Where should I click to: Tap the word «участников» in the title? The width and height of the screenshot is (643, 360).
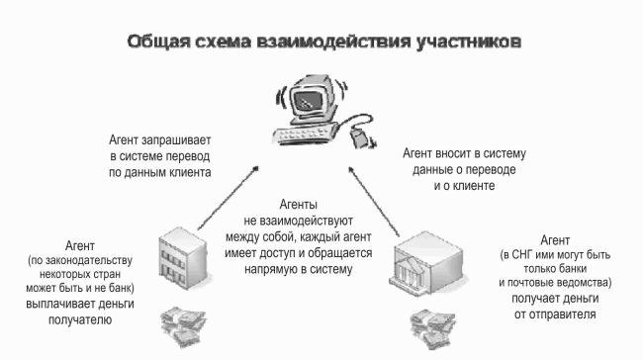469,43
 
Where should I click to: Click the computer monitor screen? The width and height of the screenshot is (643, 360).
308,100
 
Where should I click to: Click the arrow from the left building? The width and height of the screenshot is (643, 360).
228,198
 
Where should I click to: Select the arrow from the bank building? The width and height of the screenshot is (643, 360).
374,202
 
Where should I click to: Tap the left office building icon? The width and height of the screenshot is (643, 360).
183,258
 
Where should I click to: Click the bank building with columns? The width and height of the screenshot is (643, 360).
425,263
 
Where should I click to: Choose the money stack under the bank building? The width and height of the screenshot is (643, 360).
432,329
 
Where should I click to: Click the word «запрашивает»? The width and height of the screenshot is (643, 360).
176,140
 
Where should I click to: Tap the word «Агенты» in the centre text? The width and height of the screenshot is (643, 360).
298,204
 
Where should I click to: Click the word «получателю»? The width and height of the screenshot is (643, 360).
80,319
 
